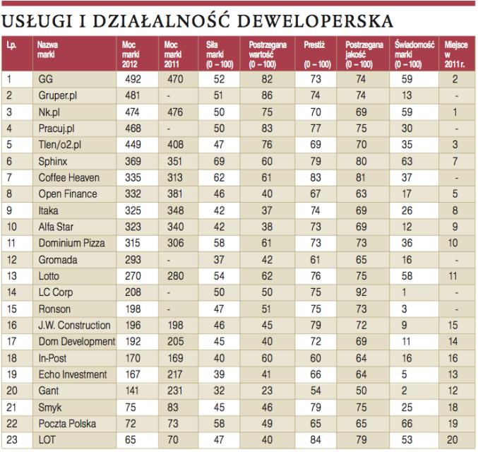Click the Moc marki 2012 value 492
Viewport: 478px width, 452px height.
click(133, 78)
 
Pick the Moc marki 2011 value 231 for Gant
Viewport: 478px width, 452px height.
click(174, 391)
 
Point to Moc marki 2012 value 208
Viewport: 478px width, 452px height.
click(133, 292)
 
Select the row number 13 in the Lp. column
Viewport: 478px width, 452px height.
click(11, 275)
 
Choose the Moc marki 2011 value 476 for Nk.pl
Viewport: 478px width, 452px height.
click(174, 112)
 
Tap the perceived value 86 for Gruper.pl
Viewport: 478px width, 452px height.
click(266, 95)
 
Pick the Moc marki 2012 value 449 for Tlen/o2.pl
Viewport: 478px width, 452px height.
click(133, 144)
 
